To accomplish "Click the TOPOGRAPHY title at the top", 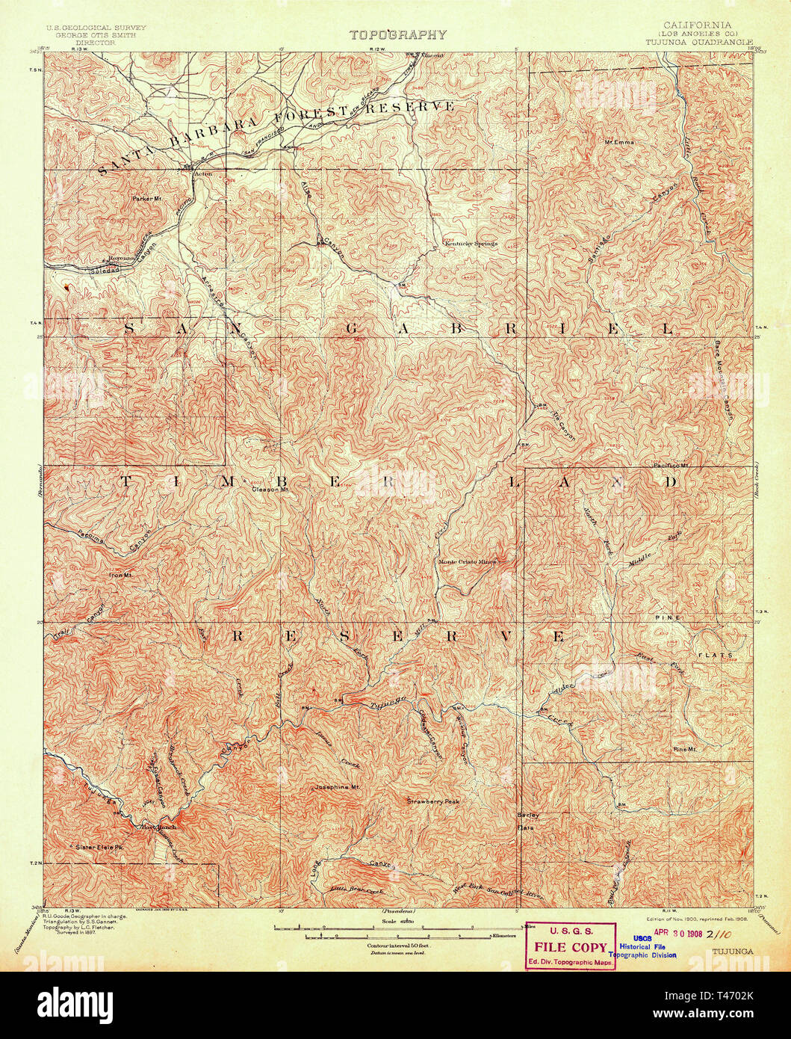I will tap(398, 34).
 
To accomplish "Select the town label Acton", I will tap(203, 174).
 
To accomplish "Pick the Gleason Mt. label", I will tap(270, 490).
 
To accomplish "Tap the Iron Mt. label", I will tap(120, 575).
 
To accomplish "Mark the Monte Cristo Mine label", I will tap(467, 561).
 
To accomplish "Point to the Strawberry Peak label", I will tap(433, 801).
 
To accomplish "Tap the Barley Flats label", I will tap(528, 821).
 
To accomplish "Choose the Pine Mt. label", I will tap(684, 749).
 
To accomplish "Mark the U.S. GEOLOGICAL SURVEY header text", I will tap(96, 27).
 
